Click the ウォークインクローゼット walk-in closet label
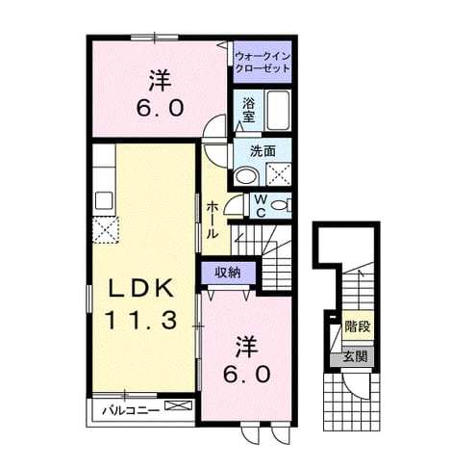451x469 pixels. (x=263, y=63)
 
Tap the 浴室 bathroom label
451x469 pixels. (x=248, y=110)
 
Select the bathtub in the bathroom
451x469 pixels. (x=279, y=110)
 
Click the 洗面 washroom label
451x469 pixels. (x=263, y=151)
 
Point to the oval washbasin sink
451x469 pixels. (x=246, y=176)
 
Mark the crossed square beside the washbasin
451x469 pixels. (x=279, y=174)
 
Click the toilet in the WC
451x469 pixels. (x=281, y=205)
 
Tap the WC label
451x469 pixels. (x=261, y=206)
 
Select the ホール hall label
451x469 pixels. (x=212, y=221)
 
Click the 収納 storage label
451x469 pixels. (x=227, y=274)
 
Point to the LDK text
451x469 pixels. (x=141, y=288)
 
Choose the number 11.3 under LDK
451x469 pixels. (x=140, y=320)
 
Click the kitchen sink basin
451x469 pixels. (x=104, y=200)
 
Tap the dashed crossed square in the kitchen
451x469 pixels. (x=106, y=230)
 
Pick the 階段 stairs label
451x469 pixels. (x=358, y=326)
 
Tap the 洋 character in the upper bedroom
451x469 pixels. (x=160, y=81)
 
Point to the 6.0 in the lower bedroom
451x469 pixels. (x=246, y=374)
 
